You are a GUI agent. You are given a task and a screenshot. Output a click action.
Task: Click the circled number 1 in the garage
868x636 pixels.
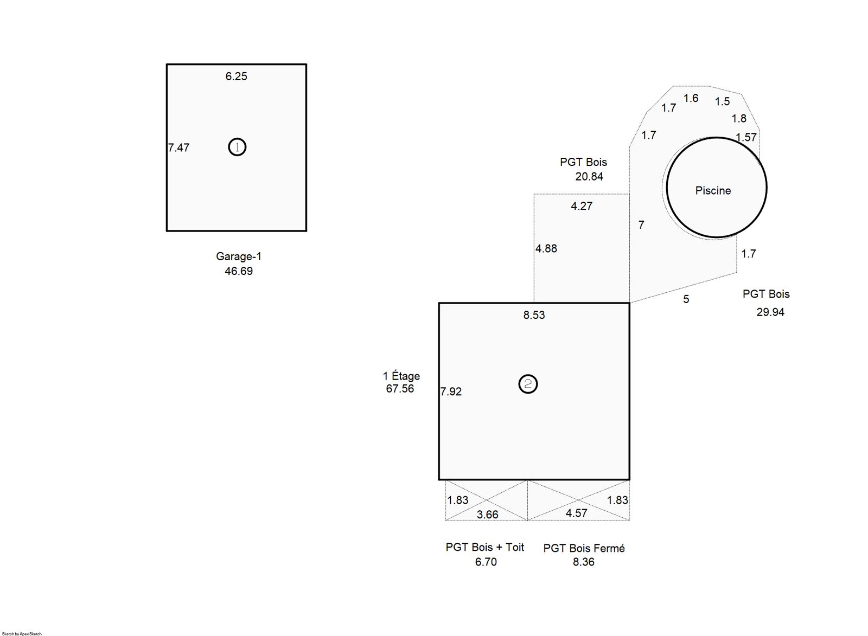coord(237,147)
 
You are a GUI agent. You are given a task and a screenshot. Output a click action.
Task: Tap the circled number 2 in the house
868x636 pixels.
coord(528,384)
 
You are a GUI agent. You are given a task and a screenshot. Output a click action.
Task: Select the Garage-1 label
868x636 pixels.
coord(239,256)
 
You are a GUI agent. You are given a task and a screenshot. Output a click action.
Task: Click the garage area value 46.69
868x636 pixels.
coord(239,271)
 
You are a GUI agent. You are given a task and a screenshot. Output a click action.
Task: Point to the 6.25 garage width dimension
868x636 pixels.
coord(237,76)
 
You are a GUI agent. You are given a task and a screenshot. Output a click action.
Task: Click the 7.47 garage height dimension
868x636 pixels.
coord(178,147)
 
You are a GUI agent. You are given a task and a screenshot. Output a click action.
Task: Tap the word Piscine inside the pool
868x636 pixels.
coord(713,190)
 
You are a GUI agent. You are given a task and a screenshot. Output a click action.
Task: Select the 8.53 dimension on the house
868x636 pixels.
coord(534,315)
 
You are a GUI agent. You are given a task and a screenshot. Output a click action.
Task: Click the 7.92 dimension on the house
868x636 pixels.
coord(451,391)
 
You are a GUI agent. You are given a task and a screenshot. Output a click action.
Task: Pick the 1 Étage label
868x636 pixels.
coord(401,376)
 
